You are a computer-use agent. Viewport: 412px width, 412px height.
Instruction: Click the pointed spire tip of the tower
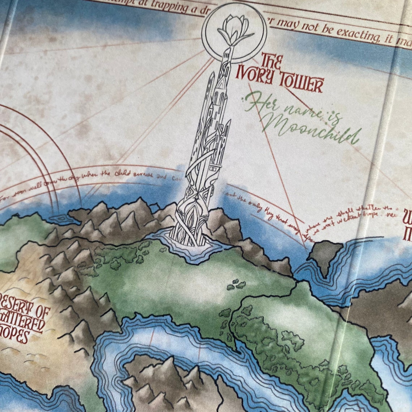(x=227, y=51)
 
